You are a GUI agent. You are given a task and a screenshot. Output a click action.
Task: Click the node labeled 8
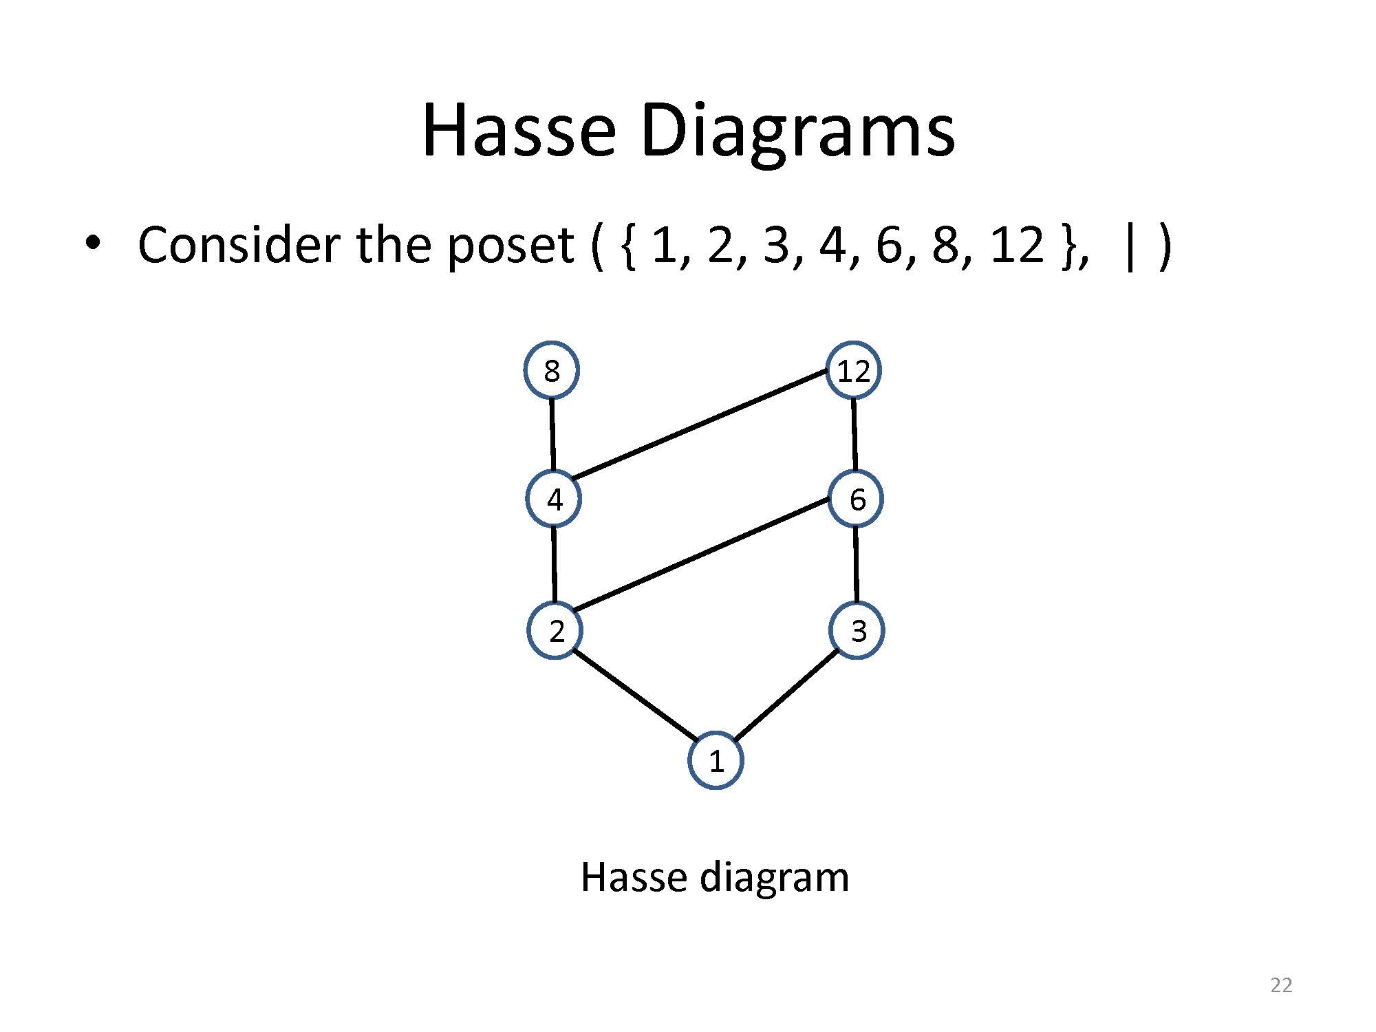click(x=552, y=370)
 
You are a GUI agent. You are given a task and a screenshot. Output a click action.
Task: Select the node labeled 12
click(x=853, y=370)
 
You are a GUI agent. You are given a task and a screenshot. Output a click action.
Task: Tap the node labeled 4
click(x=554, y=499)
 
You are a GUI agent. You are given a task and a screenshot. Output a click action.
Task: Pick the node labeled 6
click(x=856, y=499)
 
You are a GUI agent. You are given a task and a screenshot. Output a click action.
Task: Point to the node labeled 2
click(x=555, y=630)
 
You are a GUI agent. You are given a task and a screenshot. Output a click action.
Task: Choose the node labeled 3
click(x=857, y=630)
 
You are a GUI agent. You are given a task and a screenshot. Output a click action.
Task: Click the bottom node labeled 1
click(x=716, y=760)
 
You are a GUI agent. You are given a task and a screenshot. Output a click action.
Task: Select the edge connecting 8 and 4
click(x=552, y=435)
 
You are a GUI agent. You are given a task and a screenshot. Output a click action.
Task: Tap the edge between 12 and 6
click(x=854, y=435)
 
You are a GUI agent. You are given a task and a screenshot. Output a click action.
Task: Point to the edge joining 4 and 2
click(x=555, y=564)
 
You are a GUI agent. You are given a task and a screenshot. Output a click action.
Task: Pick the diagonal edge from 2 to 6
click(x=700, y=554)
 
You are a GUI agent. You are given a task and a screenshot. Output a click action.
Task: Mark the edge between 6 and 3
click(x=857, y=564)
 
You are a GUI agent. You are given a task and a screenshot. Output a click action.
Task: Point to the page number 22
click(x=1281, y=985)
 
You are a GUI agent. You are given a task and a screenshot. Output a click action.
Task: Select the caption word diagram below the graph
click(x=774, y=879)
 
